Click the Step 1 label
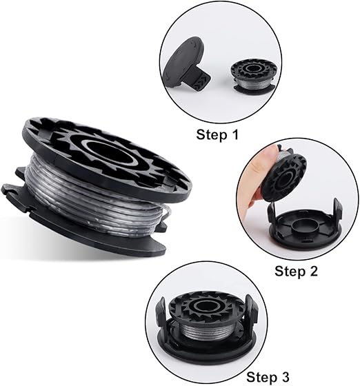[217, 134]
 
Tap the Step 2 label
[296, 271]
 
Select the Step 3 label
[268, 377]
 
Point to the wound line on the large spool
[94, 197]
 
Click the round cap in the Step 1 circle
[183, 63]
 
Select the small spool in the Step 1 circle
[252, 76]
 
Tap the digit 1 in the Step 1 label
[235, 134]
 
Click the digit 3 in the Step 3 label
[285, 377]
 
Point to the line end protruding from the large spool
[167, 212]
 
